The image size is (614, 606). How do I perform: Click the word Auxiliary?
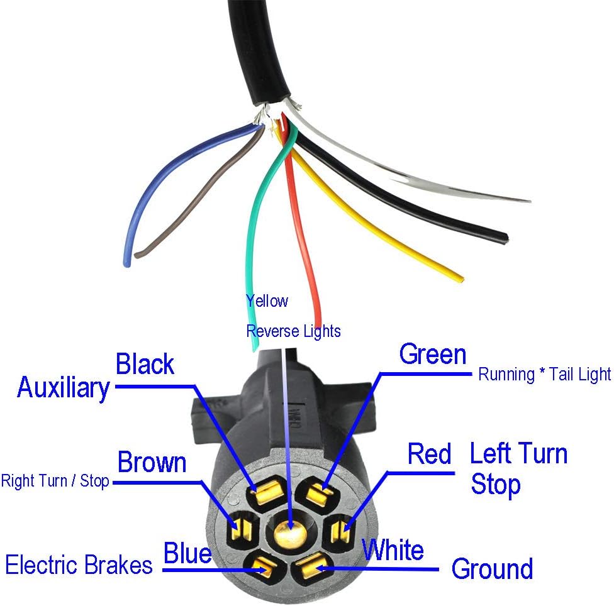[63, 387]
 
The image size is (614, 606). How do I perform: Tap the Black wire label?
[145, 364]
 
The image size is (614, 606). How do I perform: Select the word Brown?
[152, 462]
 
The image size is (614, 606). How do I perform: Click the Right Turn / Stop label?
[55, 482]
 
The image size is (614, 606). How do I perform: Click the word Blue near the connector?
[187, 554]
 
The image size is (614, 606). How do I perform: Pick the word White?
[393, 550]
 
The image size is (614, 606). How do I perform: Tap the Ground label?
[492, 569]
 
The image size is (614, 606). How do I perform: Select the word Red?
[429, 454]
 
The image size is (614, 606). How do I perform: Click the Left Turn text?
[519, 454]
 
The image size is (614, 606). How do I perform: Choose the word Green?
[433, 355]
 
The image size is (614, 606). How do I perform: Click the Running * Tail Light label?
[544, 375]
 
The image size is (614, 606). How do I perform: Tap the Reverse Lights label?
[293, 331]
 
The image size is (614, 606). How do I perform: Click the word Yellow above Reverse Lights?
[267, 301]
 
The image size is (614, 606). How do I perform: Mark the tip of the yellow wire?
[461, 278]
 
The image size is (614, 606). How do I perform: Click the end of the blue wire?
[127, 263]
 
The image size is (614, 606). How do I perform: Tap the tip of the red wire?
[318, 322]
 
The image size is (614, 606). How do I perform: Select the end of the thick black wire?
[505, 238]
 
